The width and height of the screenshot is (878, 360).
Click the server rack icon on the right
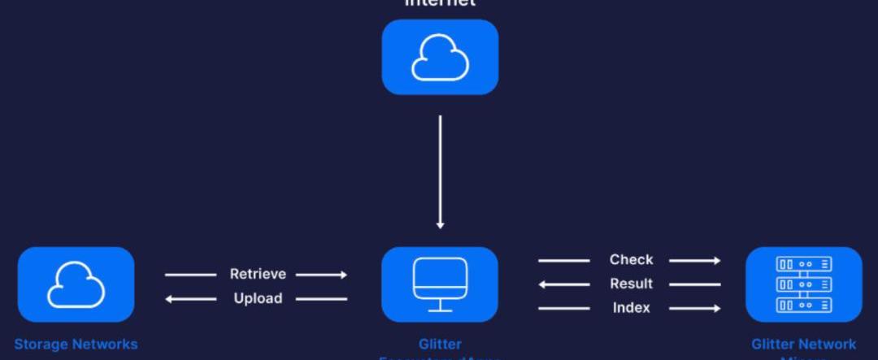tap(803, 284)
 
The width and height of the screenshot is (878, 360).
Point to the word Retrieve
tap(258, 274)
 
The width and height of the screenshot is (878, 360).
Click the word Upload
tap(258, 298)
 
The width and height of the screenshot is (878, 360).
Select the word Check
tap(631, 259)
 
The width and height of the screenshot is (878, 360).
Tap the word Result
tap(631, 284)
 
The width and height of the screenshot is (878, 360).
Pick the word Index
tap(631, 308)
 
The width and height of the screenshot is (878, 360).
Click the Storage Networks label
tap(76, 344)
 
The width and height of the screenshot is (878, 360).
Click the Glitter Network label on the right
tap(803, 344)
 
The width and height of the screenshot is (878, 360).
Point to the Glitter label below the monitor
tap(440, 344)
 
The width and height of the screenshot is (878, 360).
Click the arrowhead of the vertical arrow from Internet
tap(440, 224)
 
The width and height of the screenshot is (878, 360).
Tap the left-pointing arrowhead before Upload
tap(170, 299)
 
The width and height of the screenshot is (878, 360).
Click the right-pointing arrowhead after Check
tap(716, 260)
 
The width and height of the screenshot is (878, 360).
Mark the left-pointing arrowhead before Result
tap(542, 284)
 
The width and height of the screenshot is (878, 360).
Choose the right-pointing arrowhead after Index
tap(716, 309)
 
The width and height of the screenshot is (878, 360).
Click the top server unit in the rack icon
tap(803, 264)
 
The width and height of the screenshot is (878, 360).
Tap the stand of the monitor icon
tap(440, 306)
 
